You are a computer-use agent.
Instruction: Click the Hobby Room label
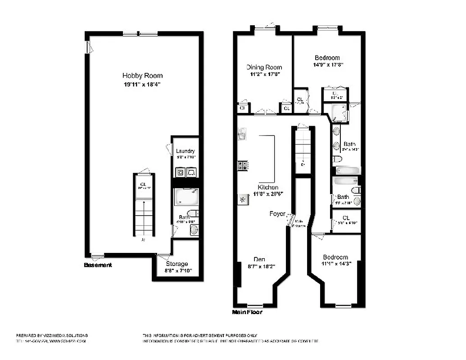(142, 76)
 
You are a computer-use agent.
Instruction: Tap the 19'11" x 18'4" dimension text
(142, 85)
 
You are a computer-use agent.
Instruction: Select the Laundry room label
(185, 151)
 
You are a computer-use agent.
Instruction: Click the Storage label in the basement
(177, 264)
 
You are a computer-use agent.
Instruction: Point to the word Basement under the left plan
(98, 265)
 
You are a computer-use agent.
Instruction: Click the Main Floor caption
(247, 312)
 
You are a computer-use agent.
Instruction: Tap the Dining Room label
(264, 67)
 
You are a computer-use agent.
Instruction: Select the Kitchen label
(268, 187)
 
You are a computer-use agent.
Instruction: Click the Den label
(259, 259)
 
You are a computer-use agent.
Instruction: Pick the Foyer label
(277, 213)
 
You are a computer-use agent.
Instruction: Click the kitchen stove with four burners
(242, 166)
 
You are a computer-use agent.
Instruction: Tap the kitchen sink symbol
(241, 134)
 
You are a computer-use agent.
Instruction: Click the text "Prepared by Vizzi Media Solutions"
(52, 335)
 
